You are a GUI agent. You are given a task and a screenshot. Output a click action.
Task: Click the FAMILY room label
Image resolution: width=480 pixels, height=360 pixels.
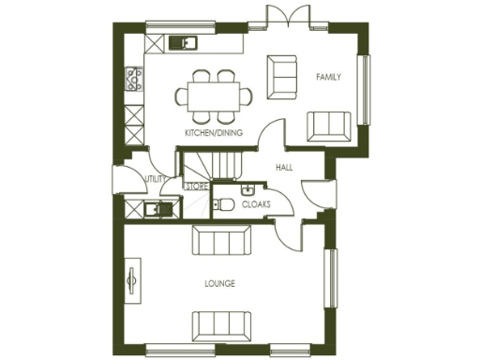tap(328, 76)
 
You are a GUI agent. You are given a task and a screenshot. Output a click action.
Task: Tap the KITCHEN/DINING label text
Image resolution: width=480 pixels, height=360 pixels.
tap(214, 133)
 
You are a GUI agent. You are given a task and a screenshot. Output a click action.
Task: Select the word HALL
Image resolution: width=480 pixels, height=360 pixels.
tap(285, 168)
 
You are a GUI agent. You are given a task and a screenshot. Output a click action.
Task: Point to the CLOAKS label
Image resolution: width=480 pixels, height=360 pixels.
tap(256, 203)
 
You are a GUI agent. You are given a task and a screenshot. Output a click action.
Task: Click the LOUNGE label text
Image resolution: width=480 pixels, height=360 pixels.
tap(219, 283)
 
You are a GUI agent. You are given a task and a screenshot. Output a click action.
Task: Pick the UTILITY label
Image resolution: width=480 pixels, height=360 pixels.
tap(155, 178)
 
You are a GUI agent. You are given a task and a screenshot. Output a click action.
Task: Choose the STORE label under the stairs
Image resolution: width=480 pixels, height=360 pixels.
tap(195, 187)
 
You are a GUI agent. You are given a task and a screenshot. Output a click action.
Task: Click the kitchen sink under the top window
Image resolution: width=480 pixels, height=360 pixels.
tap(182, 42)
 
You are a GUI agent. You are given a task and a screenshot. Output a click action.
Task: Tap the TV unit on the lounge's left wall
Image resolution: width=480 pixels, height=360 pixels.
tap(132, 284)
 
